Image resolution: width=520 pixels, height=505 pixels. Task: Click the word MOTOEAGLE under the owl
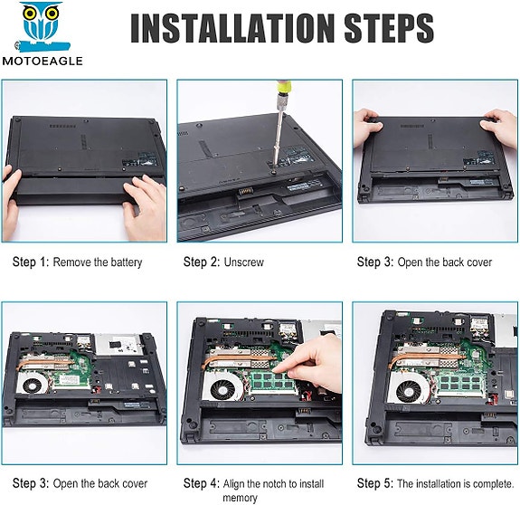tap(43, 61)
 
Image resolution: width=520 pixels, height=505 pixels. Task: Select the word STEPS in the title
tap(389, 28)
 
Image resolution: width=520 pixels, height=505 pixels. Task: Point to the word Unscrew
tap(244, 262)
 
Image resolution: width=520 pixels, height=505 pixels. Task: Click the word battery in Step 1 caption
tap(127, 262)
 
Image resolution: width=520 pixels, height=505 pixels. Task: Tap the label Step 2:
tap(202, 262)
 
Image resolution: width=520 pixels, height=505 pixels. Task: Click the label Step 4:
tap(202, 483)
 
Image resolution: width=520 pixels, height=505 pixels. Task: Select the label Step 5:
tap(375, 483)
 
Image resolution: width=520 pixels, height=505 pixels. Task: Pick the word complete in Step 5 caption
tap(493, 484)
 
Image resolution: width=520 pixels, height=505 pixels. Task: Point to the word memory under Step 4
tap(240, 498)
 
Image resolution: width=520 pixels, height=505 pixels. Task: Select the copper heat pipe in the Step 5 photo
tap(428, 357)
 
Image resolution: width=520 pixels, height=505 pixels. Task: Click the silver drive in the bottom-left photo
tap(119, 345)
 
